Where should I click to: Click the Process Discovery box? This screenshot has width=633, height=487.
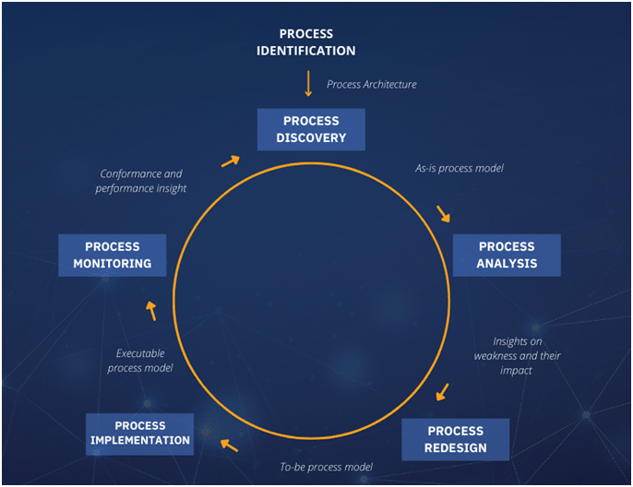[x=311, y=129]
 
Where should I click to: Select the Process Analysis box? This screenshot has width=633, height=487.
[x=506, y=255]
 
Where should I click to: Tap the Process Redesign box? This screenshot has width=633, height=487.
[x=455, y=439]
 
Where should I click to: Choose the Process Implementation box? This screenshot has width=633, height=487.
[x=140, y=433]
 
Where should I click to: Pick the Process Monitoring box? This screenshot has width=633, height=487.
[x=112, y=255]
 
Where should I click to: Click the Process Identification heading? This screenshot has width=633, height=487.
[x=305, y=42]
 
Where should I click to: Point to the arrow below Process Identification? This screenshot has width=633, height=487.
[x=308, y=83]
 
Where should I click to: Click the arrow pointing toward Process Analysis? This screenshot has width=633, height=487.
[x=444, y=214]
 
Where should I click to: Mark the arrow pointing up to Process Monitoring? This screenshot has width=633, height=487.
[x=151, y=310]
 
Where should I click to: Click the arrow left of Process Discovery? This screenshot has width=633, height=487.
[x=230, y=161]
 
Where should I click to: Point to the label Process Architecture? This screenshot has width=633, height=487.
[x=372, y=84]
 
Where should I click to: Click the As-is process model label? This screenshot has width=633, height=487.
[x=460, y=169]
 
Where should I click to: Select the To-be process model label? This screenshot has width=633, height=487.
[x=326, y=467]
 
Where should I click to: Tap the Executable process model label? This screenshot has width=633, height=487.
[x=144, y=361]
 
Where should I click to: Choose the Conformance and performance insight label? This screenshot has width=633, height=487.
[x=140, y=181]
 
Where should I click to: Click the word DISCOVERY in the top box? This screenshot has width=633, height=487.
[x=311, y=138]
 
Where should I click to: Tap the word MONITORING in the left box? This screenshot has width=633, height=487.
[x=112, y=264]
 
